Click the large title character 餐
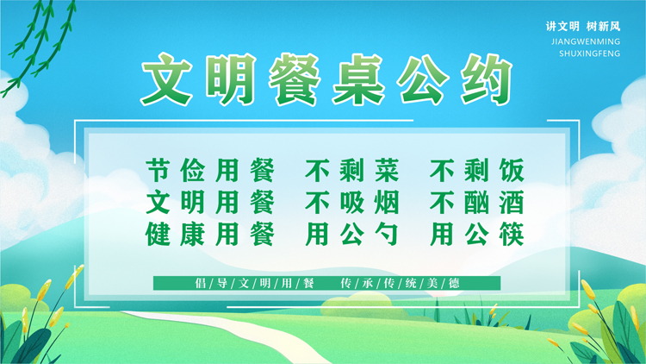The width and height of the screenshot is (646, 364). point(295,79)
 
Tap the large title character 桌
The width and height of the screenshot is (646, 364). point(359,79)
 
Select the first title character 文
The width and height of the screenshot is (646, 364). point(167,79)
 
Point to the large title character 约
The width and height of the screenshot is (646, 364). point(487,79)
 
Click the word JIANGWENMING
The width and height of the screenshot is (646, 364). point(586,41)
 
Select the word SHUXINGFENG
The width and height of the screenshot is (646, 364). point(589,53)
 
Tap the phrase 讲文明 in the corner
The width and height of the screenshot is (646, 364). point(562,27)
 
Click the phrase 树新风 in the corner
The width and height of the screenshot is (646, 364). point(603,27)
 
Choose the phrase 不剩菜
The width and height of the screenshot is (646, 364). point(351,170)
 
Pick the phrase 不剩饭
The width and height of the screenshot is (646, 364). point(476,170)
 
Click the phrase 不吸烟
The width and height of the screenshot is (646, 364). point(351,202)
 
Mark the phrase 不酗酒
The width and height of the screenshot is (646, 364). point(476,202)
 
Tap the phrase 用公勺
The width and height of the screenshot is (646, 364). point(351,234)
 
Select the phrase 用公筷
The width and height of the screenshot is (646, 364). point(476,234)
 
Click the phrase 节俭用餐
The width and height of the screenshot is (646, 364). point(210,170)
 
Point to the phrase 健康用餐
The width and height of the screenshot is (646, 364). point(210,234)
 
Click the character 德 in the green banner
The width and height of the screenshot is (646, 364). point(454,283)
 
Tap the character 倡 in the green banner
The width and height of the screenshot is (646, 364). point(200,283)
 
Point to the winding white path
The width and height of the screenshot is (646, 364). point(231,336)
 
